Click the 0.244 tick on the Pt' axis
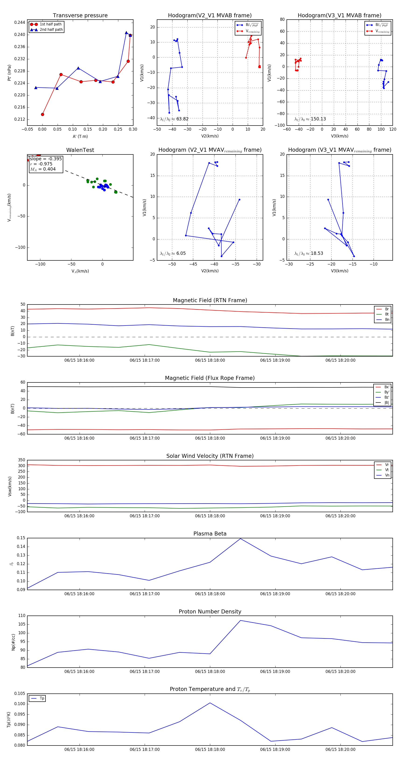pyautogui.click(x=20, y=22)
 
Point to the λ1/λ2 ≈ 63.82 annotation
pyautogui.click(x=174, y=119)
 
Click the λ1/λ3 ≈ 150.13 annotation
pyautogui.click(x=310, y=119)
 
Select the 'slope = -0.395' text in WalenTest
pyautogui.click(x=46, y=159)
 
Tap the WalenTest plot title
pyautogui.click(x=80, y=150)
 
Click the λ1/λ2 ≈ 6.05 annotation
pyautogui.click(x=173, y=253)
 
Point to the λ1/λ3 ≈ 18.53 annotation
pyautogui.click(x=308, y=253)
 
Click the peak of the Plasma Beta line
pyautogui.click(x=240, y=539)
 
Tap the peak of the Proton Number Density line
pyautogui.click(x=240, y=620)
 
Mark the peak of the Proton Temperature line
pyautogui.click(x=210, y=703)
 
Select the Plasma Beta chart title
pyautogui.click(x=210, y=534)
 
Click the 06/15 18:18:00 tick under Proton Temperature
pyautogui.click(x=210, y=749)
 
